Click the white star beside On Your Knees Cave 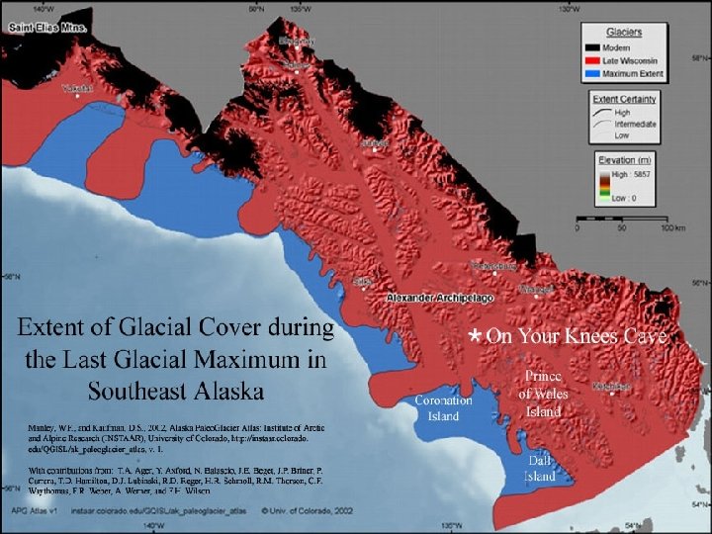475,338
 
